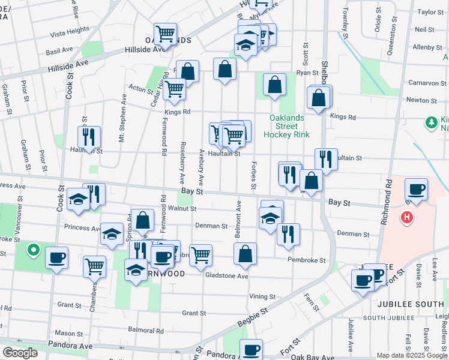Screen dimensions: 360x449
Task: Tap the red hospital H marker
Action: pyautogui.click(x=408, y=217)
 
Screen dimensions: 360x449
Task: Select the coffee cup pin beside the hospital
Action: pyautogui.click(x=416, y=190)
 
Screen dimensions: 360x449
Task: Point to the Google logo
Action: pyautogui.click(x=20, y=353)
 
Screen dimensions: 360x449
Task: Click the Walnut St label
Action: pyautogui.click(x=182, y=209)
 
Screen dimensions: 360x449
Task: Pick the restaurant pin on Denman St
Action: pyautogui.click(x=289, y=234)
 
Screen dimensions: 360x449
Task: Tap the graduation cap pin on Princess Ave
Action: pyautogui.click(x=111, y=235)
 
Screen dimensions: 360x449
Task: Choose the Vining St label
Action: pyautogui.click(x=262, y=296)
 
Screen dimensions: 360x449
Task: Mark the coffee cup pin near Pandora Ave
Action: pyautogui.click(x=252, y=349)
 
